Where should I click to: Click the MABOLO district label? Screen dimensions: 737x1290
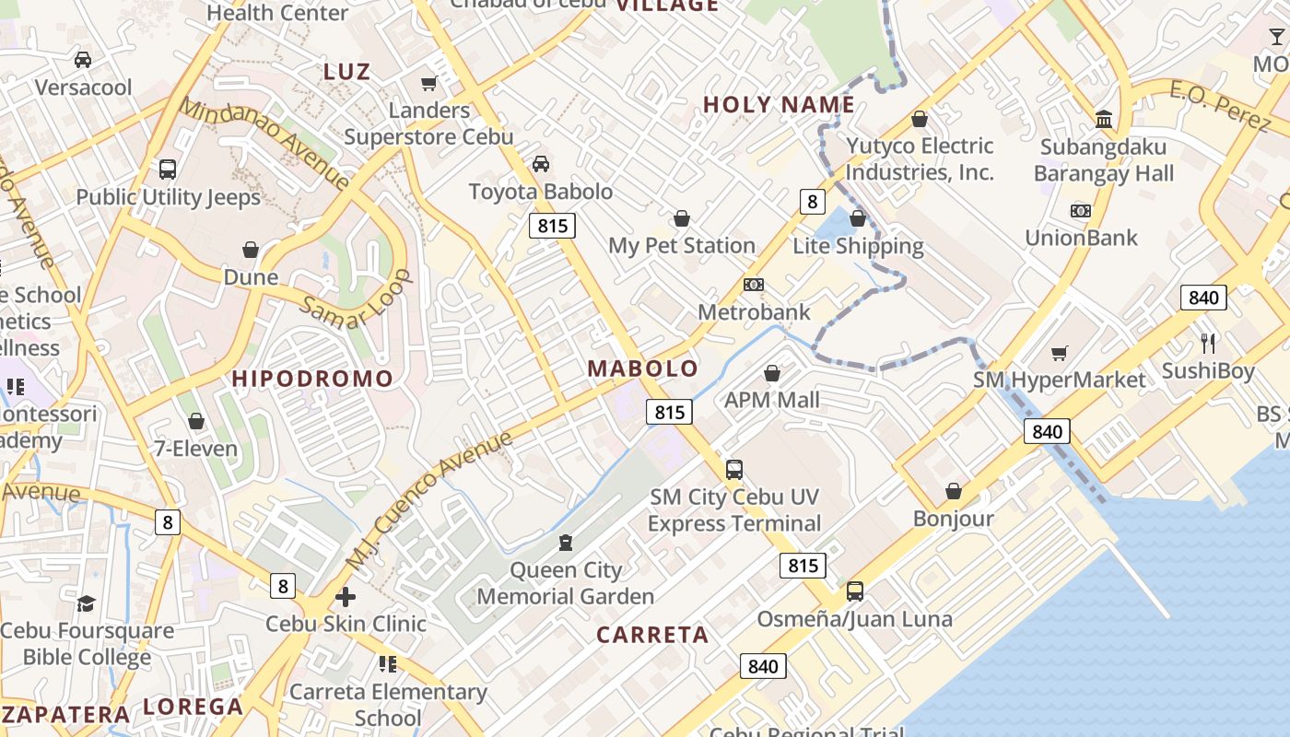point(643,368)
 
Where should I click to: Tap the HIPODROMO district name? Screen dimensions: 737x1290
point(312,379)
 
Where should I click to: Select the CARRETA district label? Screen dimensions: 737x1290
point(652,635)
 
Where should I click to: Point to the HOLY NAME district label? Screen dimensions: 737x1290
point(779,105)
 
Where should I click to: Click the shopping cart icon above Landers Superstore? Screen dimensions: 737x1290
point(428,84)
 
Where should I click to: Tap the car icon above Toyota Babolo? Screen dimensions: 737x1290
point(541,164)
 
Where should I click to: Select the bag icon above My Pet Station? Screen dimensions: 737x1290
point(682,218)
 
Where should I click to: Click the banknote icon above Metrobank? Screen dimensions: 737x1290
point(754,285)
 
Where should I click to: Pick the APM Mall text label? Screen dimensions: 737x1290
point(772,400)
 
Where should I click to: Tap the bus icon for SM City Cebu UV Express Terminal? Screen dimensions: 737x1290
point(734,469)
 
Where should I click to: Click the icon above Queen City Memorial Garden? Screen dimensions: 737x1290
point(566,543)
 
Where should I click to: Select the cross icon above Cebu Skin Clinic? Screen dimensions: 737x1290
point(346,597)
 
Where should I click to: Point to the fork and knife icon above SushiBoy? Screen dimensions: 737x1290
point(1208,344)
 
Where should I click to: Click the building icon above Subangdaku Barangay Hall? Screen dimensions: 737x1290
point(1103,119)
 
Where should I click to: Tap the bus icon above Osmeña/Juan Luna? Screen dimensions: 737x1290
point(855,591)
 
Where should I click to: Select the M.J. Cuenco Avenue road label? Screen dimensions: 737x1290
point(429,498)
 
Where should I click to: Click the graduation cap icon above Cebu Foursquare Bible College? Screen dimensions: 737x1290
point(86,603)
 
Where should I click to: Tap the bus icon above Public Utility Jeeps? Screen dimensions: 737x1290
point(168,170)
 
